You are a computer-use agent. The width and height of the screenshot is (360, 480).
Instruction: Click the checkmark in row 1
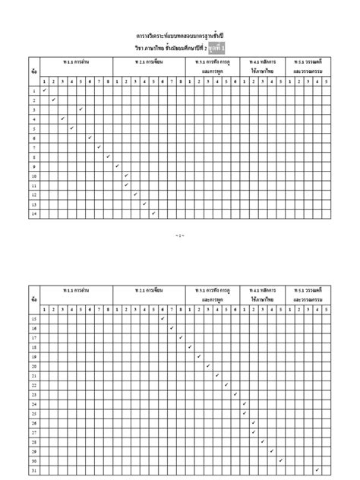[x=44, y=90]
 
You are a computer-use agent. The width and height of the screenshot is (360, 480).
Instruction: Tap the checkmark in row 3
[x=81, y=109]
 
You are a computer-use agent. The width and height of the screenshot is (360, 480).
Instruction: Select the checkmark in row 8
[x=108, y=156]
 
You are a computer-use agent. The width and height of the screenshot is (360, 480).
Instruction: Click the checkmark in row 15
[x=162, y=318]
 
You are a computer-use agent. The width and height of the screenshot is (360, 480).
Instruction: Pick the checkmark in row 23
[x=235, y=394]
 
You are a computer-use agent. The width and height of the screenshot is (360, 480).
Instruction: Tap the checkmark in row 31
[x=317, y=470]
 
